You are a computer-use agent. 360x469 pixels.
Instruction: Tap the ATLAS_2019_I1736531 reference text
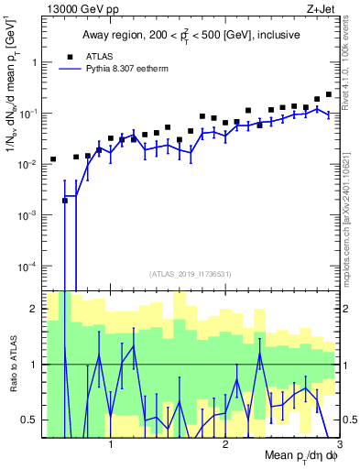point(191,274)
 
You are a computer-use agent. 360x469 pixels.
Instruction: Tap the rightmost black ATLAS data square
point(329,94)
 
